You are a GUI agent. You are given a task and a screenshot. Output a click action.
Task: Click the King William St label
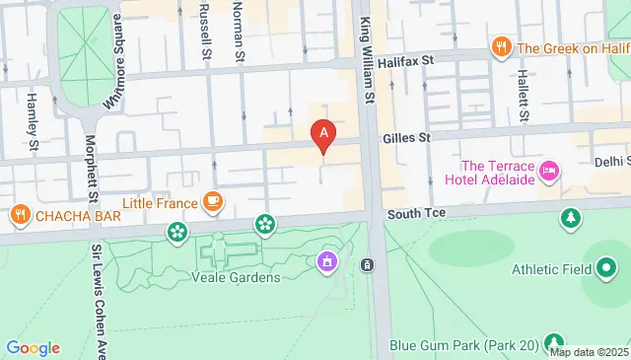[x=369, y=59]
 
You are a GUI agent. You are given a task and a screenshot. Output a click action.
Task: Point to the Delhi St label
[x=611, y=161]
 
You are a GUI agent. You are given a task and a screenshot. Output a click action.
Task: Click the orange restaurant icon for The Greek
[x=502, y=47]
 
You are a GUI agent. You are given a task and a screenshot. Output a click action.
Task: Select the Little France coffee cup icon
[x=212, y=202]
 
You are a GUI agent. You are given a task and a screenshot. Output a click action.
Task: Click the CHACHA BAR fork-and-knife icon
[x=19, y=214]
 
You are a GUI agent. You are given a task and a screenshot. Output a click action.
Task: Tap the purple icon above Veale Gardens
[x=325, y=261]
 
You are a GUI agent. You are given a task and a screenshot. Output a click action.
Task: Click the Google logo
[x=33, y=347]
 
